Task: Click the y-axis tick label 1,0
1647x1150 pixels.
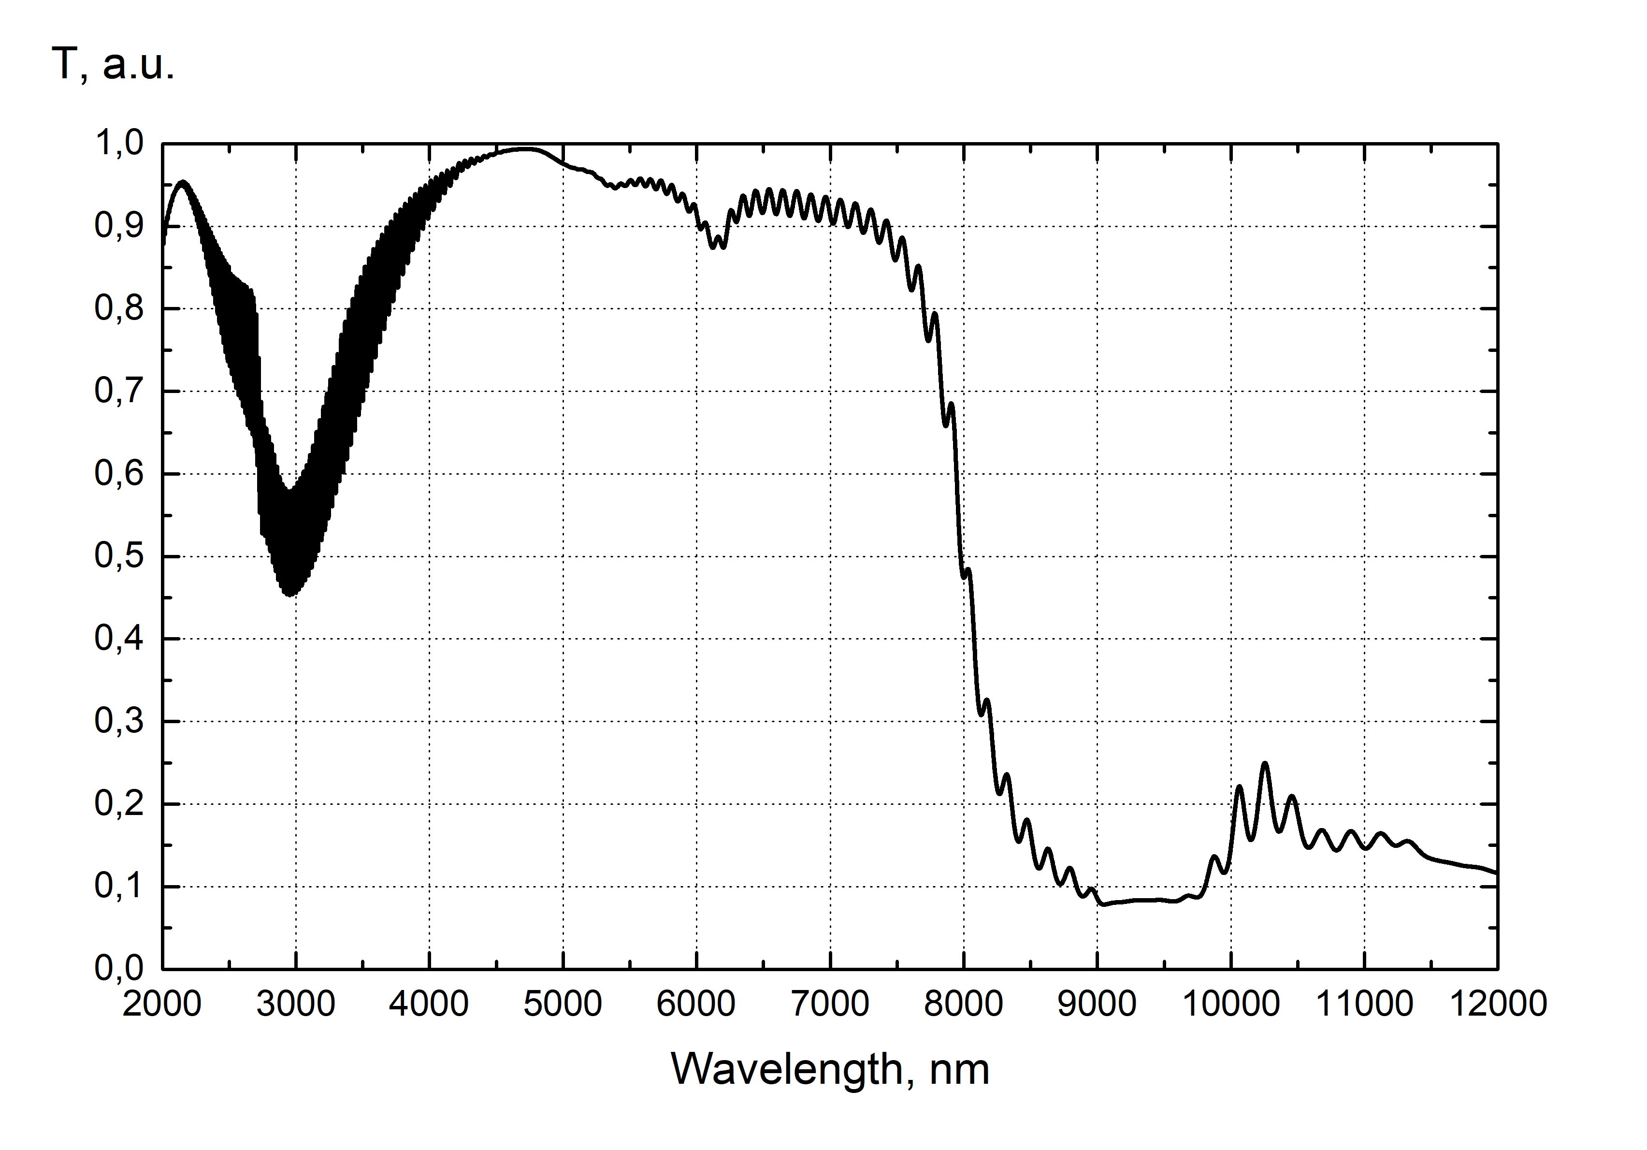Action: [x=119, y=144]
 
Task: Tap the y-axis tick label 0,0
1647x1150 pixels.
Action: [x=119, y=969]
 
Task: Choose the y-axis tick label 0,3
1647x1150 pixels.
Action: [x=119, y=722]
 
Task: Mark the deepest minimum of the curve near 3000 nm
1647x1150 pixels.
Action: [x=290, y=595]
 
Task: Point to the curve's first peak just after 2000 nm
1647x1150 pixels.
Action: [x=182, y=182]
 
